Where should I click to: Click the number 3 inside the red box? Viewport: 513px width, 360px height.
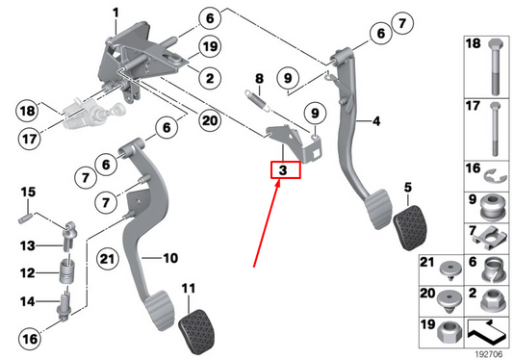282,170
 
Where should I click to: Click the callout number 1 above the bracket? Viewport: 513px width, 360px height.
115,13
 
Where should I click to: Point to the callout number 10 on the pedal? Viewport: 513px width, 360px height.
169,258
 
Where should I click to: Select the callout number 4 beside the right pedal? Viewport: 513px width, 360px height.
376,121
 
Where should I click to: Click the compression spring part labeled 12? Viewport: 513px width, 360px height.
67,272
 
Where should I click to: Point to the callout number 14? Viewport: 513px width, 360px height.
27,302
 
